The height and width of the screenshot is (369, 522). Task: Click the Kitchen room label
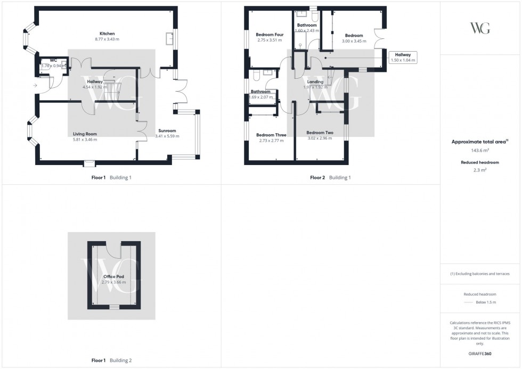[x=107, y=33]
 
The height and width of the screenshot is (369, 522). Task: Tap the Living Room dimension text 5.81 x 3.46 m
[x=85, y=140]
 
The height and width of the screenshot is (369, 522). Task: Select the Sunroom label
[x=167, y=130]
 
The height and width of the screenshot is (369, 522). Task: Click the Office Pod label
[x=113, y=276]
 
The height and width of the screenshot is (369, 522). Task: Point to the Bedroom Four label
[x=270, y=35]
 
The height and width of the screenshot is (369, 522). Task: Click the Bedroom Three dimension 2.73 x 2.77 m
[x=271, y=141]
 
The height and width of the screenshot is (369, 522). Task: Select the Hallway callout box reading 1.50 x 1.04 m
[x=402, y=58]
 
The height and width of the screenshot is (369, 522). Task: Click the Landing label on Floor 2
[x=315, y=81]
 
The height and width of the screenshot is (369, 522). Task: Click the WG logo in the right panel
[x=480, y=28]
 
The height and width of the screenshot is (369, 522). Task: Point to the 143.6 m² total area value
[x=480, y=150]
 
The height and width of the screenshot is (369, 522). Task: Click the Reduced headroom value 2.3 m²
[x=480, y=170]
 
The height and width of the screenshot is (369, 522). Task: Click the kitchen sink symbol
[x=170, y=39]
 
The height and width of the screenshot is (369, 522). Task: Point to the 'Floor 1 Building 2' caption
[x=111, y=360]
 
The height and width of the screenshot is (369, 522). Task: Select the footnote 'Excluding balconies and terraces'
[x=480, y=274]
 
